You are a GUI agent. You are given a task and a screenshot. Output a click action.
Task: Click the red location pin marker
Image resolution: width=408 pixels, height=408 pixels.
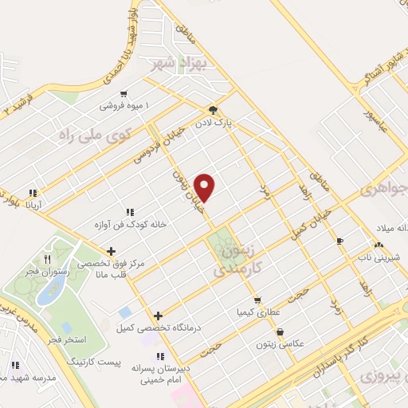click(x=206, y=187)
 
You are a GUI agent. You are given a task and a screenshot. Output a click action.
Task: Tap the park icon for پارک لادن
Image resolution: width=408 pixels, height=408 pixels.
click(x=213, y=110)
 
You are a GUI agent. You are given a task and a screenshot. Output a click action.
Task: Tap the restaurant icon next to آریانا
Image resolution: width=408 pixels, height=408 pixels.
click(x=33, y=193)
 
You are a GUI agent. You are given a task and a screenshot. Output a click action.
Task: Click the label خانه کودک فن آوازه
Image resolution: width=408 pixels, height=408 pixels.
click(x=130, y=225)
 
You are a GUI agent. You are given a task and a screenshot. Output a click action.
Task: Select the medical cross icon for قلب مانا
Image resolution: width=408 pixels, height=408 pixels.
click(x=111, y=252)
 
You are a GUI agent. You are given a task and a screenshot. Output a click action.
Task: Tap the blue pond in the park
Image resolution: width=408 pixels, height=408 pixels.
click(x=51, y=292)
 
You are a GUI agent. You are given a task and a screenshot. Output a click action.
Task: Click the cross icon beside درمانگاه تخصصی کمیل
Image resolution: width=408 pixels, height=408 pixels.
click(x=159, y=316)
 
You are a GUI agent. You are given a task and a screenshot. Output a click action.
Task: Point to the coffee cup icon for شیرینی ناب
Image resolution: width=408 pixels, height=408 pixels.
click(x=339, y=241)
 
